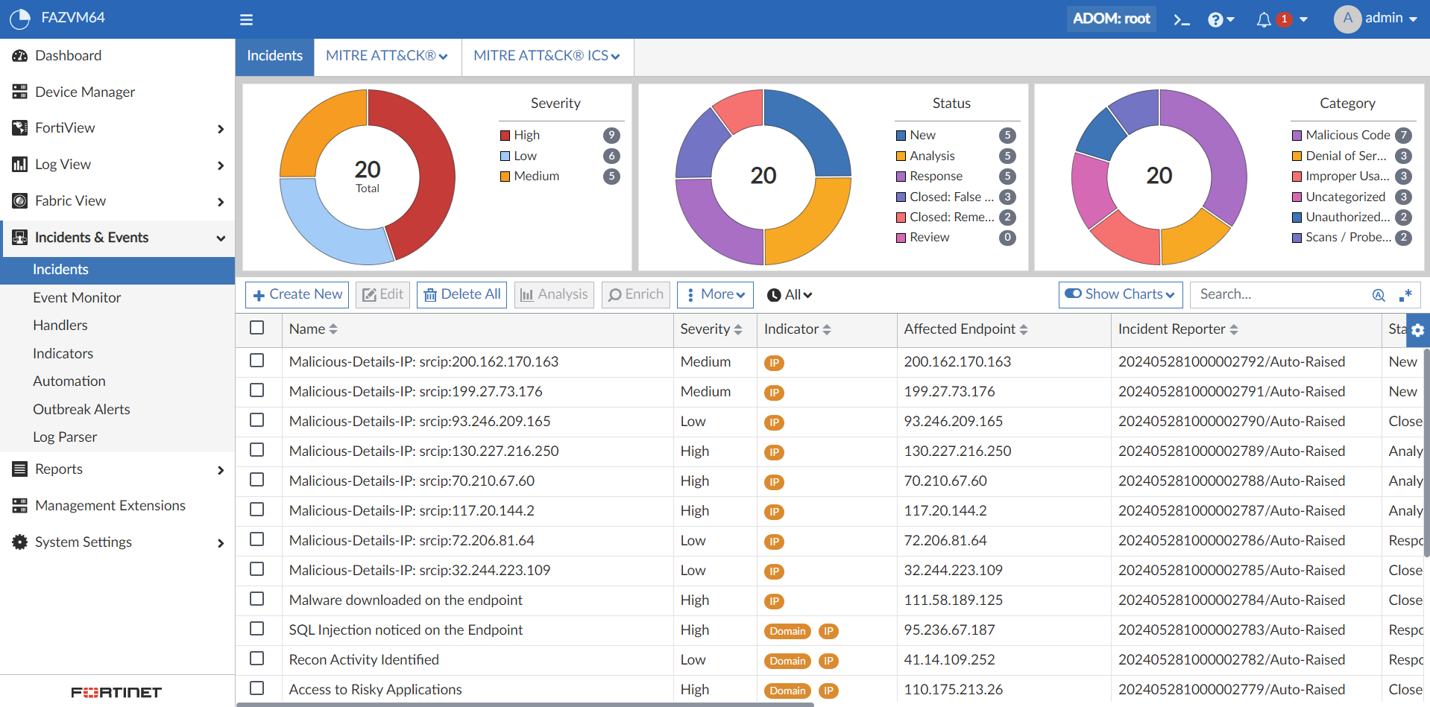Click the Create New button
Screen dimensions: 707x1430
click(298, 294)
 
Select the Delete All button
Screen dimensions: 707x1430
click(462, 294)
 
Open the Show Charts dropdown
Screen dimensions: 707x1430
click(1120, 294)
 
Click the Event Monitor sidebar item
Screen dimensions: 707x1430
click(77, 297)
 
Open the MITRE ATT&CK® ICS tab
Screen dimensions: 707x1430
click(547, 56)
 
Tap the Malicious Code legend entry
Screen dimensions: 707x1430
click(1347, 135)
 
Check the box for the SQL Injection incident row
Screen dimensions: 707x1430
click(257, 629)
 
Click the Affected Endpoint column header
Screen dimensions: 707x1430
click(960, 329)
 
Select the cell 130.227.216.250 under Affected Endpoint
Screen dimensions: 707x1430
click(957, 451)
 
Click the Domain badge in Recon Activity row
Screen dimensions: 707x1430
click(787, 661)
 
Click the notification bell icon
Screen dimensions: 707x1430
click(1264, 19)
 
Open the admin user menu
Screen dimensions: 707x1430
click(1376, 19)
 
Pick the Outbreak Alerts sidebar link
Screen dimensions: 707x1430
click(81, 409)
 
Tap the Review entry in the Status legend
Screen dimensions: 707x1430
click(929, 237)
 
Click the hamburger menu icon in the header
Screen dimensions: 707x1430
click(246, 19)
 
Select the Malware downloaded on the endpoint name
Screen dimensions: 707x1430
click(406, 600)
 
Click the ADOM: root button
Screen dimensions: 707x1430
click(1111, 19)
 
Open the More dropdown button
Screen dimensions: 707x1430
click(715, 294)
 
